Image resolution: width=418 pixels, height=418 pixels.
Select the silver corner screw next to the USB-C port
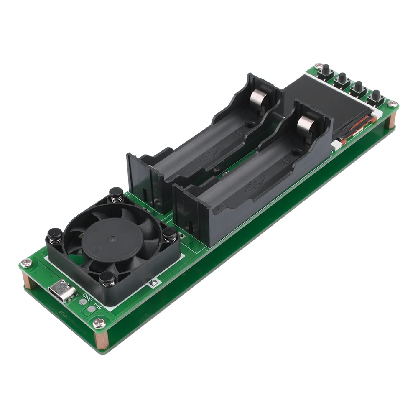click(x=26, y=263)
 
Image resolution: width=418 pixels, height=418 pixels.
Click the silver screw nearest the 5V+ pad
click(x=99, y=322)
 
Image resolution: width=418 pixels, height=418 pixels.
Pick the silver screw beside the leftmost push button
click(x=319, y=66)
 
